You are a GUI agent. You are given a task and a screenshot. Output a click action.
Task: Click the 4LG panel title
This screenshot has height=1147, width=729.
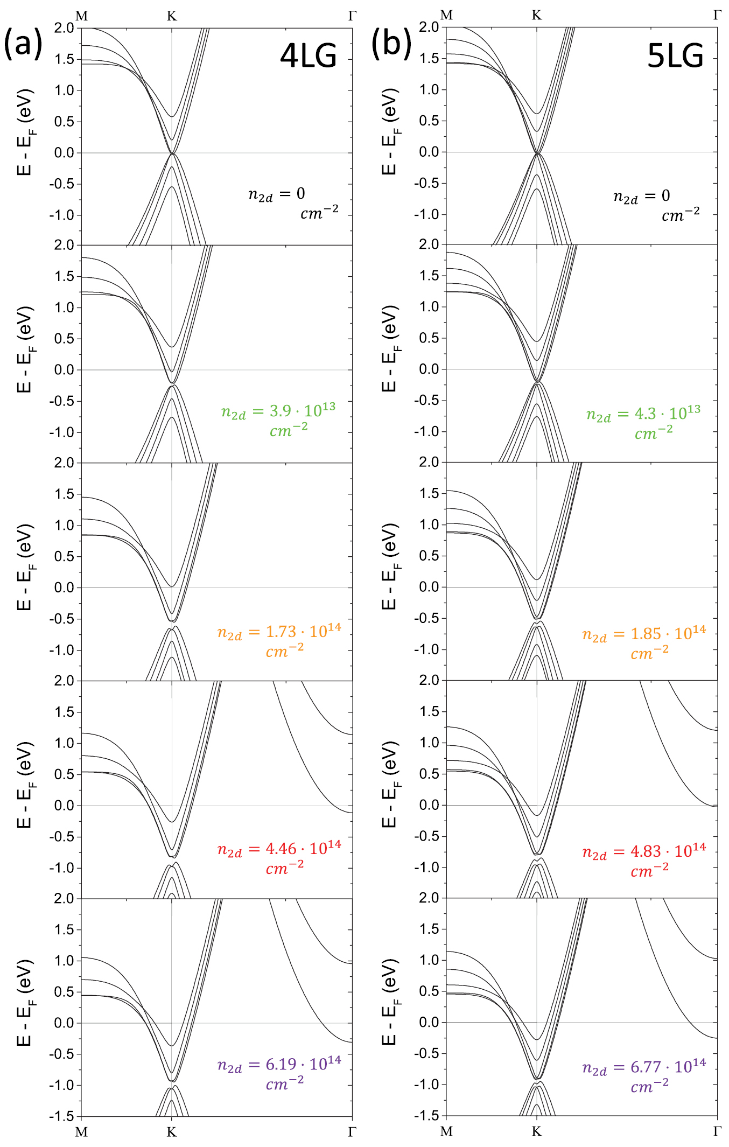(x=308, y=55)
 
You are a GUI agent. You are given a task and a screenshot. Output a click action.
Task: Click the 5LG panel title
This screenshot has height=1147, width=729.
(x=675, y=55)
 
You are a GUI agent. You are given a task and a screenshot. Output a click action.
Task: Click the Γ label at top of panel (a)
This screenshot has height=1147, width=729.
(x=352, y=16)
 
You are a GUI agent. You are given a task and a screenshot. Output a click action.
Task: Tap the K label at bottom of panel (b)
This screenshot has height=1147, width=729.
(x=536, y=1131)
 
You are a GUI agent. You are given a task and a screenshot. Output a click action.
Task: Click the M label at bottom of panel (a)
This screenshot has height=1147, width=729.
(x=81, y=1132)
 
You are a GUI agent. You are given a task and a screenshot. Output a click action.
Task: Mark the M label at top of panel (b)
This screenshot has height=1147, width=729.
(x=446, y=16)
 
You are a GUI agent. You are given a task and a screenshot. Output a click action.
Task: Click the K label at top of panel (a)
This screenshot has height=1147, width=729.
(x=172, y=16)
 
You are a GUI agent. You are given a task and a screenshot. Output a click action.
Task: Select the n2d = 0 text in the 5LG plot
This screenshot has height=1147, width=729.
(x=642, y=197)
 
